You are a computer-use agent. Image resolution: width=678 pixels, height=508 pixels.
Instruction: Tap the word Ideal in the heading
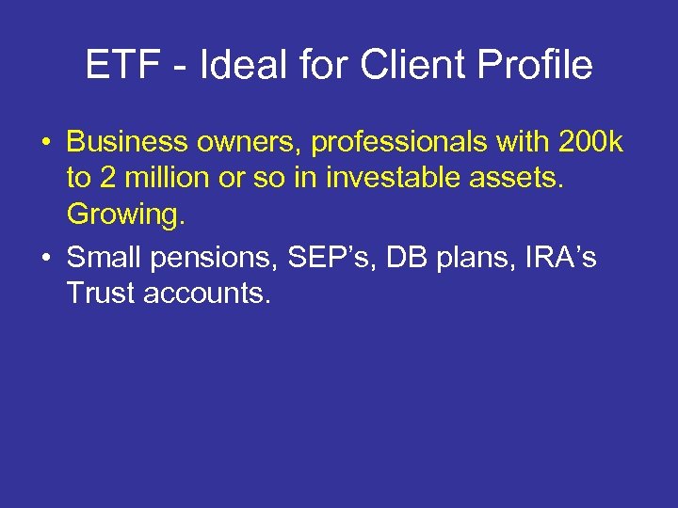[234, 66]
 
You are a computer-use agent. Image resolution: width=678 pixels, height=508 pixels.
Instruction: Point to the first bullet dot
[45, 142]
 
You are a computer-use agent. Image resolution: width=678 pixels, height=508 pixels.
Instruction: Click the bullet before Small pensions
[45, 258]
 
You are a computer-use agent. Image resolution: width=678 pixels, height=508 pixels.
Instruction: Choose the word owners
[245, 142]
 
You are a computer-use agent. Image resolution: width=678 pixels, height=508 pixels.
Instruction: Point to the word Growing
[124, 215]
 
